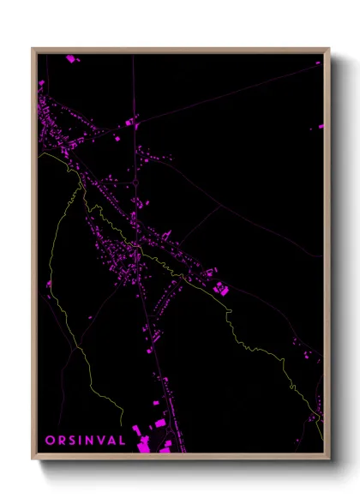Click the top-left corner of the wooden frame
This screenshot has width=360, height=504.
click(33, 50)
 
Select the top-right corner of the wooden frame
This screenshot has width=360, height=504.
click(328, 50)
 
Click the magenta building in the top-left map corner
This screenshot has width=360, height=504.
click(71, 58)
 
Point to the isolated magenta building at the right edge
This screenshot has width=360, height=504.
click(321, 127)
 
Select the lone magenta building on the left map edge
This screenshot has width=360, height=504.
click(49, 283)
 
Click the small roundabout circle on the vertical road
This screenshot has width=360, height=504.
click(135, 246)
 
